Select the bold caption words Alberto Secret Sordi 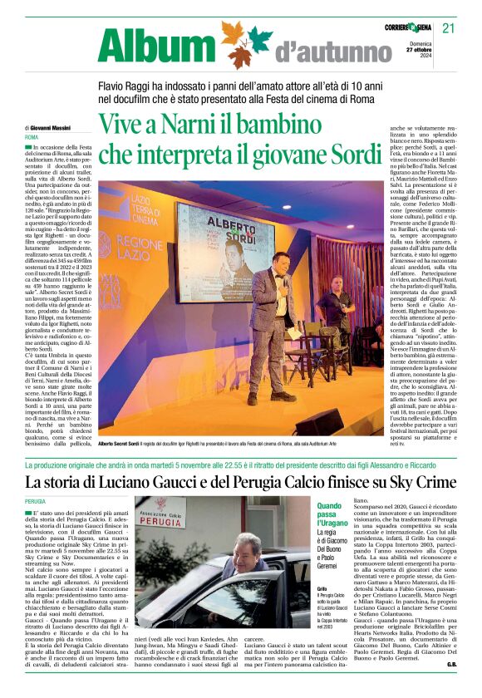point(125,445)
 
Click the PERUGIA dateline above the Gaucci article point(36,502)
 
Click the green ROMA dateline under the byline point(32,136)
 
